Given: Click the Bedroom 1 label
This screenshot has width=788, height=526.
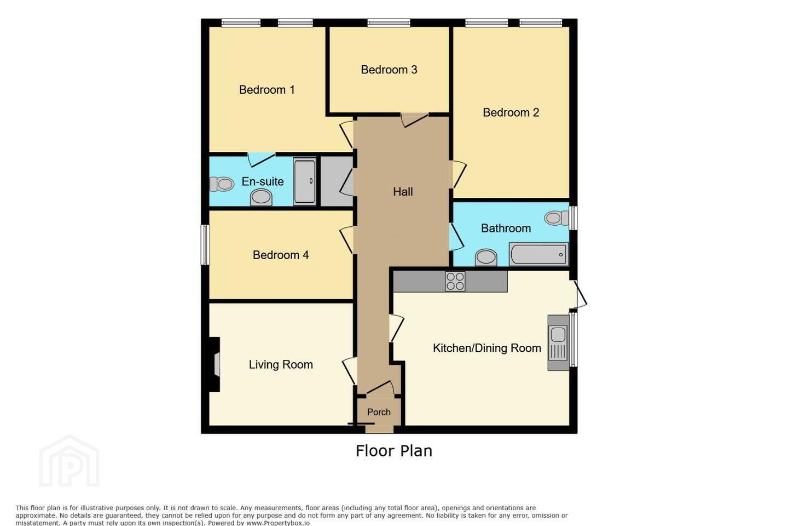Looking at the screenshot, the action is [x=266, y=90].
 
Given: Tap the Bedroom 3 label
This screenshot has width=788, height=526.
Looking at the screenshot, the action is [x=389, y=70].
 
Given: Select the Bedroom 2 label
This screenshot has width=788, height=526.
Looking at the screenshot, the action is [x=511, y=112].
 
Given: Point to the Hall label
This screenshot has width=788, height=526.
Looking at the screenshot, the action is [x=403, y=192].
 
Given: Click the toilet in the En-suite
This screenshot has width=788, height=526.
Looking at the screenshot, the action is [x=222, y=184].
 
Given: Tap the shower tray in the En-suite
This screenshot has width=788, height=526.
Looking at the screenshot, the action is [x=305, y=181].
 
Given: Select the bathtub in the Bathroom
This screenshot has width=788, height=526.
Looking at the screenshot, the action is [x=538, y=254].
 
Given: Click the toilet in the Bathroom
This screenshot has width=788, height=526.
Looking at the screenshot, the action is [x=557, y=218].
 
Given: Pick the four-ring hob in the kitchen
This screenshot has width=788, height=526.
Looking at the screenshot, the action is [x=455, y=281].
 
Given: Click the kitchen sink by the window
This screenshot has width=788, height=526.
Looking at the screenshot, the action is [x=558, y=342].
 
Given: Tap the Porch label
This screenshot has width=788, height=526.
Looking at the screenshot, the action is [x=379, y=412].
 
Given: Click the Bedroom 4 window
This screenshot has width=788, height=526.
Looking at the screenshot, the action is [x=205, y=244].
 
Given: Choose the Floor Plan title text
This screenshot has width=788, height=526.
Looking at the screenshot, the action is [x=394, y=451].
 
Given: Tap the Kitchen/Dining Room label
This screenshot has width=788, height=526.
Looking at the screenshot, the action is [x=487, y=348].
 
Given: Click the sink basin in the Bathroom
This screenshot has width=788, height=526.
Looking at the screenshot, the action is [x=486, y=257].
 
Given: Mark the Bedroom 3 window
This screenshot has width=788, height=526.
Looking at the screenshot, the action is [x=389, y=23].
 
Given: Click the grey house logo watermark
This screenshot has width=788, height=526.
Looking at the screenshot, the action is [x=69, y=461].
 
